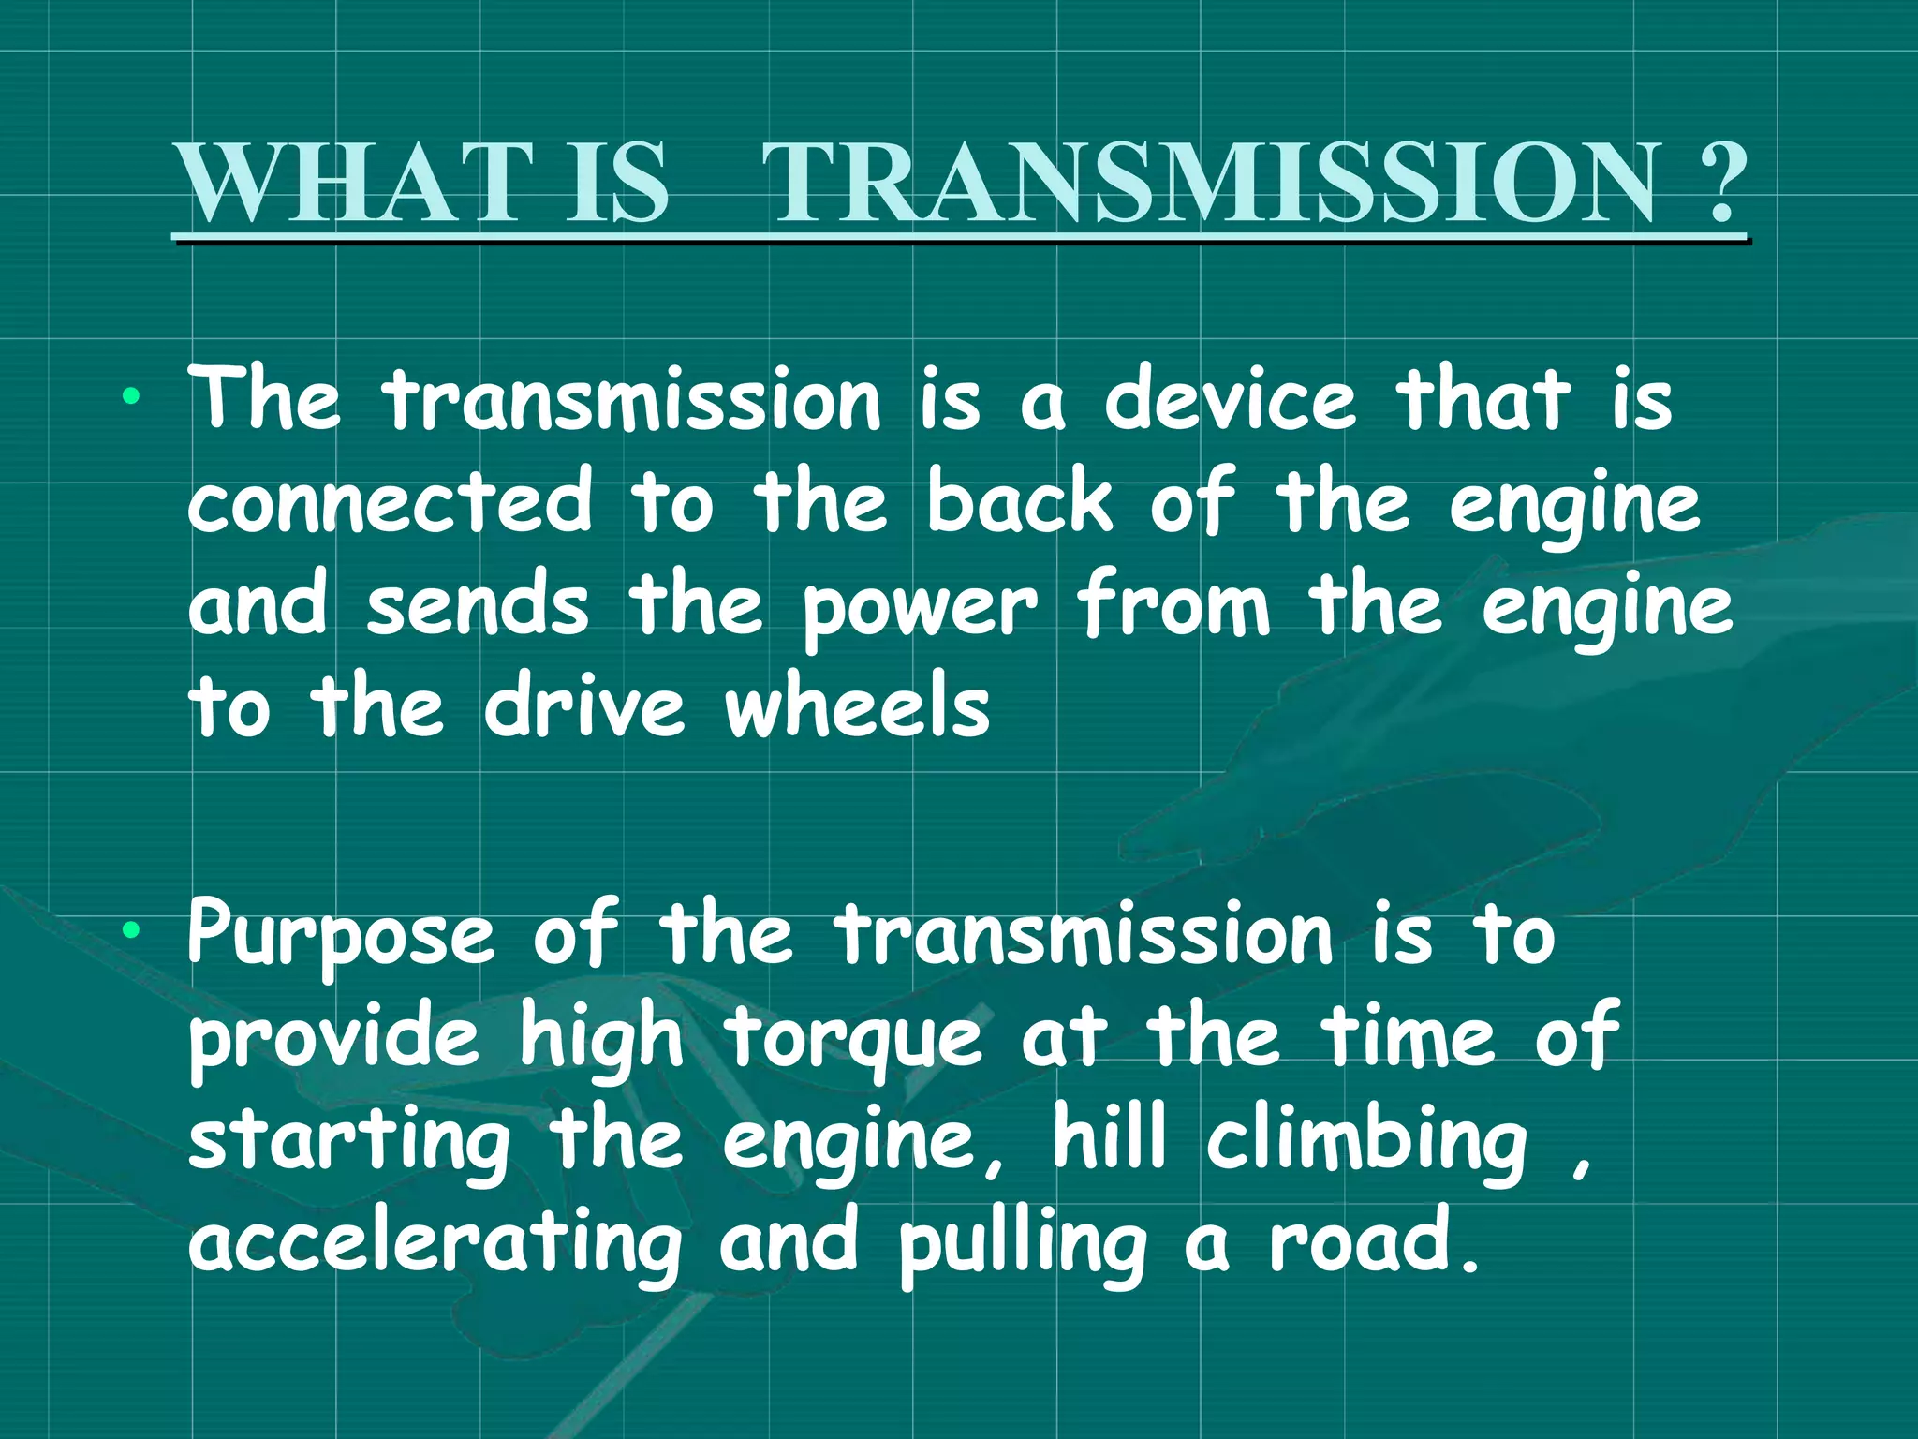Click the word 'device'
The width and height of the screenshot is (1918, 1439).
(1230, 400)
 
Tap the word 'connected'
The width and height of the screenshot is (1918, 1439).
(391, 503)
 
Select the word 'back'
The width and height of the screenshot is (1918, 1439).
(1020, 503)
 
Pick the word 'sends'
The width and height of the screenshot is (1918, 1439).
(478, 605)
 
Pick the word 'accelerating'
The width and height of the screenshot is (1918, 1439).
(435, 1246)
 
